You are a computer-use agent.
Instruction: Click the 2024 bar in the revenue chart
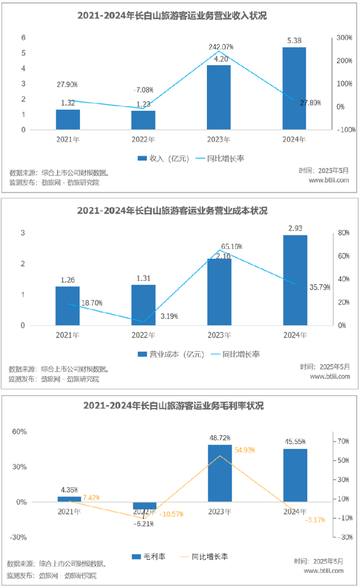[294, 89]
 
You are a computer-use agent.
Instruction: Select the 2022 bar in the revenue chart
[143, 120]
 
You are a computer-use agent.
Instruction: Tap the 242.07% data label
[221, 47]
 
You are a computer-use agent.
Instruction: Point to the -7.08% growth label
[143, 90]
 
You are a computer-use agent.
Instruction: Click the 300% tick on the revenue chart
[345, 38]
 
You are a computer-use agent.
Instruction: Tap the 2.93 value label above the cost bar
[295, 228]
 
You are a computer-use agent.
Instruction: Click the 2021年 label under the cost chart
[68, 335]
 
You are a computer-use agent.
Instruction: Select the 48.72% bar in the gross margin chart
[220, 473]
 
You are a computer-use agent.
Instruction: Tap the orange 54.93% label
[245, 450]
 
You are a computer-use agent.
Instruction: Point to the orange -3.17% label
[315, 520]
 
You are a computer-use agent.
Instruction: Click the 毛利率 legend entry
[149, 556]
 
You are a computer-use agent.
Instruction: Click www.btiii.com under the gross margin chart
[323, 570]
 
